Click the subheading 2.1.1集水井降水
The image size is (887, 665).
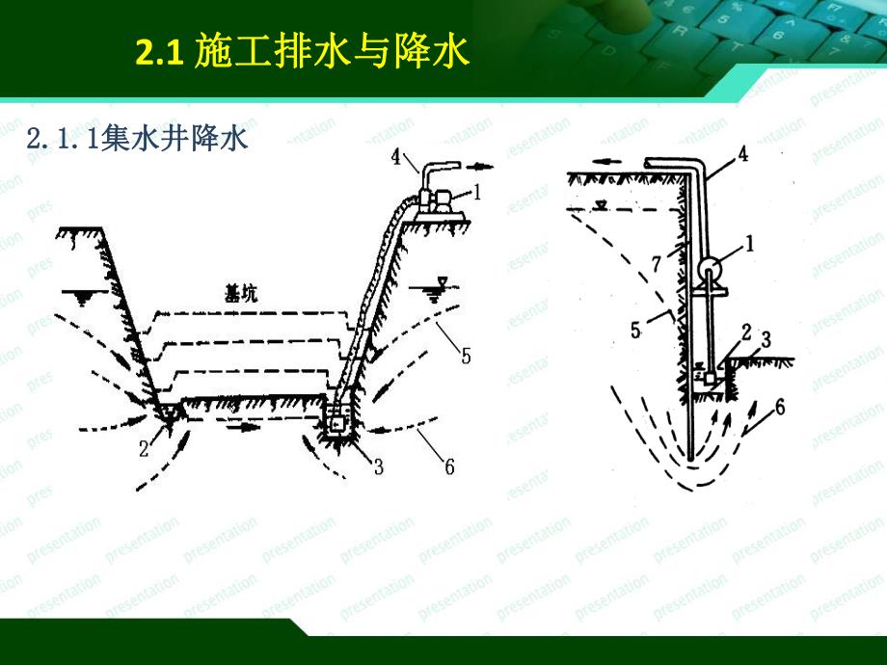pyautogui.click(x=139, y=139)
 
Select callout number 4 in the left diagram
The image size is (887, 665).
pyautogui.click(x=398, y=156)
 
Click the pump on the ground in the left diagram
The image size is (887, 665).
pyautogui.click(x=439, y=200)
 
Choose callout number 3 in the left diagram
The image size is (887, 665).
pyautogui.click(x=379, y=467)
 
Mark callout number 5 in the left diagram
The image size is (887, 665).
pyautogui.click(x=466, y=357)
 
